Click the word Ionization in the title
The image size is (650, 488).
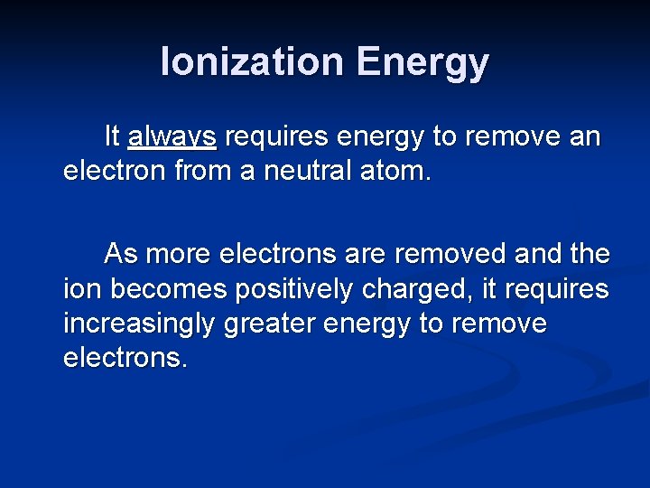point(253,63)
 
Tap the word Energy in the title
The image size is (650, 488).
point(422,63)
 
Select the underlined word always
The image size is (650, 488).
point(172,137)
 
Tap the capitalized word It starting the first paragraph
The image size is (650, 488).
point(112,137)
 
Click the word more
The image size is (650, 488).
point(177,255)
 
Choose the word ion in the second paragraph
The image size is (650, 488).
point(79,289)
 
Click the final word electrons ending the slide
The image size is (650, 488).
point(125,358)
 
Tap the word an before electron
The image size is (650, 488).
point(584,137)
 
